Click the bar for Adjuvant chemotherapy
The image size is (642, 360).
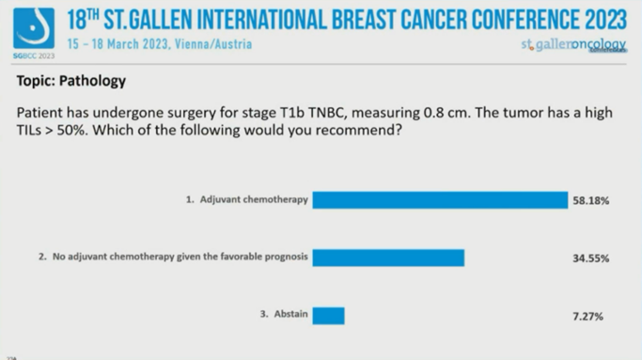tap(440, 199)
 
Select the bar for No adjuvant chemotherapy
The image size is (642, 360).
tap(388, 258)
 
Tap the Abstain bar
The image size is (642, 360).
tap(328, 316)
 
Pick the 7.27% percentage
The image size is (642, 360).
tap(590, 317)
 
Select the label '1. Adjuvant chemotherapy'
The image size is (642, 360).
tap(247, 200)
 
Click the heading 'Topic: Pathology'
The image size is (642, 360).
tap(71, 81)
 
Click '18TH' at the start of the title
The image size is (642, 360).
tap(86, 18)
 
